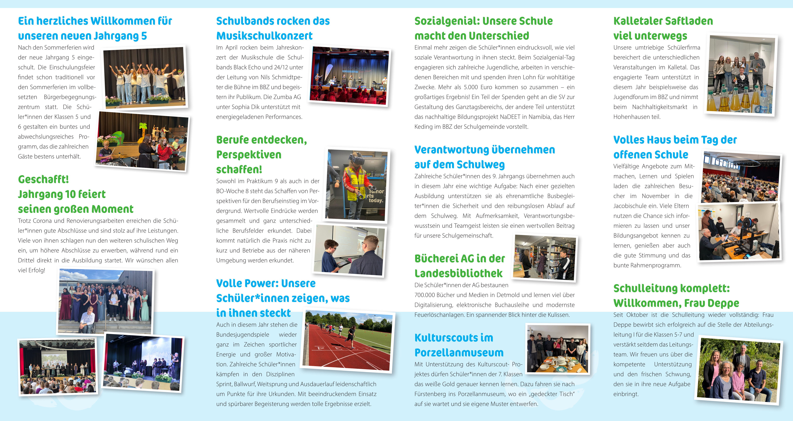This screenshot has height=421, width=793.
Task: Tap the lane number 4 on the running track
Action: (321, 348)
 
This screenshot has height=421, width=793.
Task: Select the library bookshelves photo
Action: (545, 258)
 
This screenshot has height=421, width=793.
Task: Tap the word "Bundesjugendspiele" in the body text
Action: (243, 335)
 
